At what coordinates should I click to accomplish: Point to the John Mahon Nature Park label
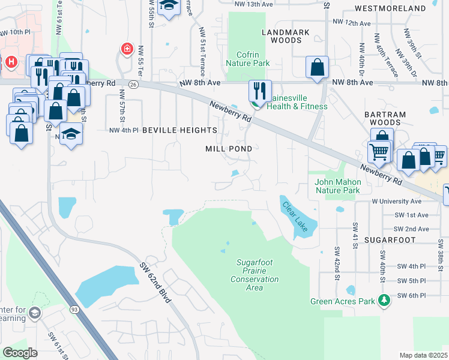coord(338,186)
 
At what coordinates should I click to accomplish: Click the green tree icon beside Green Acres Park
coord(384,301)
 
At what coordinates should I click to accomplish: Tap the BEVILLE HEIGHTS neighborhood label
coord(179,130)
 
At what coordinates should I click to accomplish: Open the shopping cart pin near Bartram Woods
coord(379,153)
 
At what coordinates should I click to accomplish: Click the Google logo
coord(20,352)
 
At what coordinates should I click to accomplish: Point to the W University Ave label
coord(396,202)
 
